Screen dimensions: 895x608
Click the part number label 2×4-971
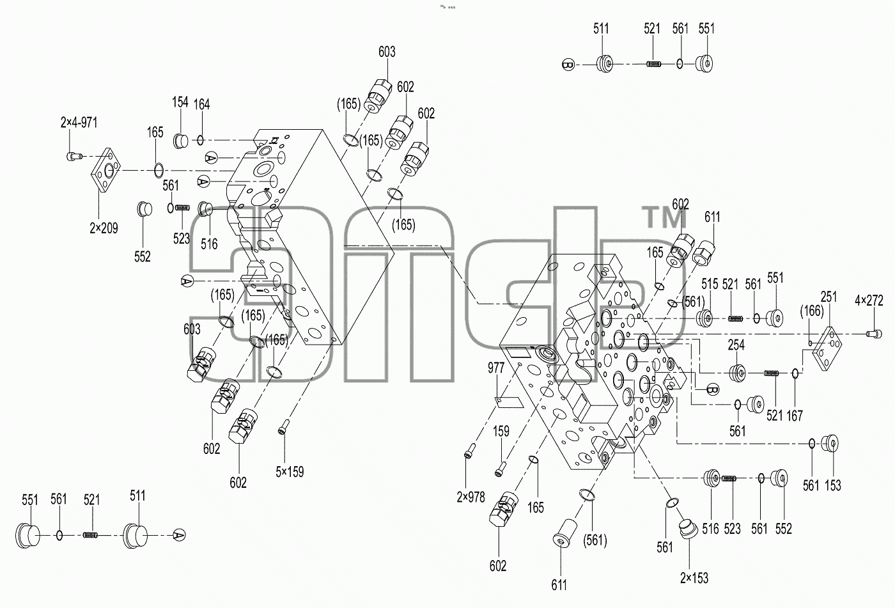[79, 122]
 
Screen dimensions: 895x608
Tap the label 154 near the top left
[180, 102]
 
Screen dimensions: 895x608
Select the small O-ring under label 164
[201, 140]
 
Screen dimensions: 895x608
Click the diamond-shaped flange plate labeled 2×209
[106, 171]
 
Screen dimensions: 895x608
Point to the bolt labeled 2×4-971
[74, 156]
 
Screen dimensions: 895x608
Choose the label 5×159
[290, 472]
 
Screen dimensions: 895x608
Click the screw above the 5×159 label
[283, 427]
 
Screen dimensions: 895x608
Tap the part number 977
[496, 368]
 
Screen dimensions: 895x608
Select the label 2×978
[471, 497]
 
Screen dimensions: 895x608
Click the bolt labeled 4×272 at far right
[874, 334]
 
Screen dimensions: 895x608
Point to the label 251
[829, 297]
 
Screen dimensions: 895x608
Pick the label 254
[736, 345]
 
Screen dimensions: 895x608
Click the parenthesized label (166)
[812, 311]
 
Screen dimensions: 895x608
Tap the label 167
[795, 416]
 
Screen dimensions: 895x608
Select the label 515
[710, 284]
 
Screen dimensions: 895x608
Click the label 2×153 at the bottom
[694, 578]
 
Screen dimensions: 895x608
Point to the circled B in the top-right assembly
[568, 65]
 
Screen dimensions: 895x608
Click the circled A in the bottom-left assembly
[180, 535]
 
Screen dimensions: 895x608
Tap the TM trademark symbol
[664, 217]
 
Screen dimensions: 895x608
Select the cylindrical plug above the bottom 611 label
[564, 533]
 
